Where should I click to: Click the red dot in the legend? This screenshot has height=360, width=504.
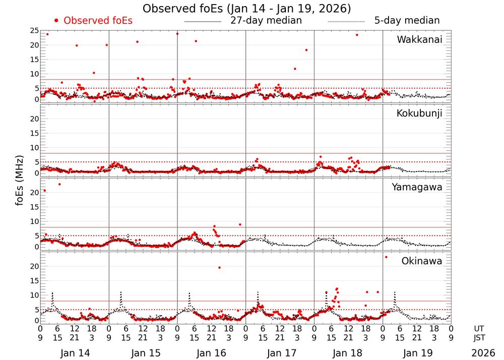[56, 21]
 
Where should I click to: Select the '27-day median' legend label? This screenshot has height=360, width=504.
[266, 21]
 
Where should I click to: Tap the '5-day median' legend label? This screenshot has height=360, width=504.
[407, 21]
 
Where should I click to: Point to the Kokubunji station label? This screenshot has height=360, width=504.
[419, 113]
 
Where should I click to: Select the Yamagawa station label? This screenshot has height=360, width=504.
[417, 187]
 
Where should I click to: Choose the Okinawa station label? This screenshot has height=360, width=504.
[421, 261]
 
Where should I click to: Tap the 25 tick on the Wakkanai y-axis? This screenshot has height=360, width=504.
[35, 31]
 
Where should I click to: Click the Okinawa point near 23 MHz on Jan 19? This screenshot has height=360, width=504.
[386, 257]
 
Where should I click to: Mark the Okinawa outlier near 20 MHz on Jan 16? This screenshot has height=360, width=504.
[219, 267]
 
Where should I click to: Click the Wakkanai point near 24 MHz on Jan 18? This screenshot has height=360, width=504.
[357, 35]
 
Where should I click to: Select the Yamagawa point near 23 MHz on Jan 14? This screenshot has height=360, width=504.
[59, 184]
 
